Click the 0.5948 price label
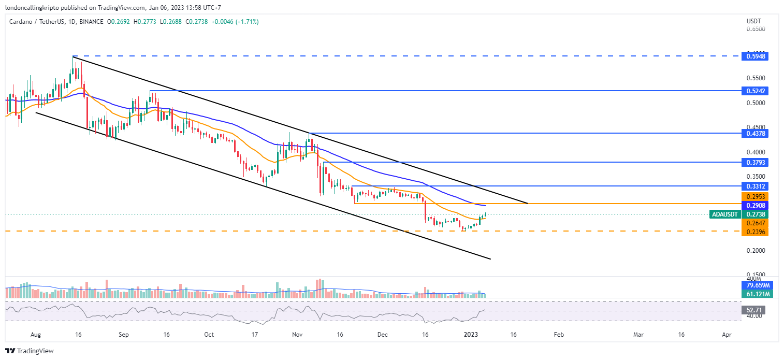click(754, 56)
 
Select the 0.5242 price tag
click(754, 91)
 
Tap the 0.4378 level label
click(754, 134)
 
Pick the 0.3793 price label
click(754, 163)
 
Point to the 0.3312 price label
click(754, 186)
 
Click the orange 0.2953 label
click(754, 197)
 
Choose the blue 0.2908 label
click(754, 206)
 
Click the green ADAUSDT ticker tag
click(725, 214)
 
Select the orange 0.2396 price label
click(754, 232)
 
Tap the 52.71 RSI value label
click(754, 310)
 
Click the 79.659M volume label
click(754, 285)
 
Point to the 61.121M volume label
click(754, 294)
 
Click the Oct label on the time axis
click(209, 335)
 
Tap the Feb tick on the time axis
click(558, 335)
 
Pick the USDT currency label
click(753, 21)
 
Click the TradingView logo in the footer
click(30, 351)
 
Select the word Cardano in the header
click(22, 22)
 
